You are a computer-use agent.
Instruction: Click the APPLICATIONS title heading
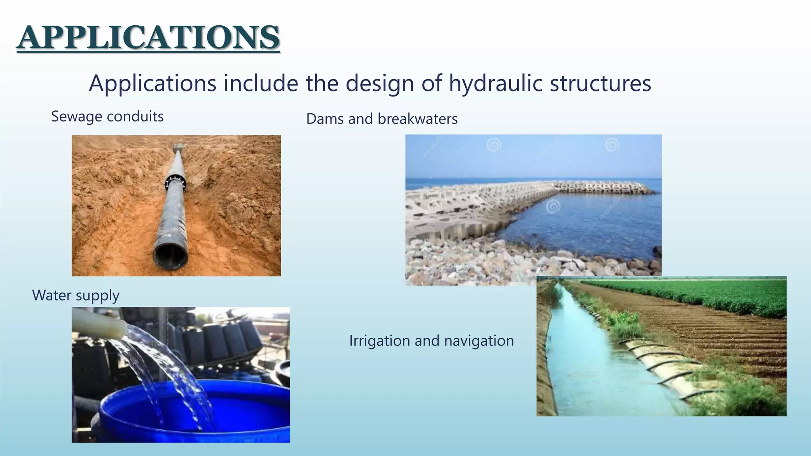[x=148, y=37]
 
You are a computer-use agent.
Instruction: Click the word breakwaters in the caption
[x=418, y=119]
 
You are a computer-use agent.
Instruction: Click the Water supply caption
[x=76, y=296]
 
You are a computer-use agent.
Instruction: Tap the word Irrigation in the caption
[x=379, y=341]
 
